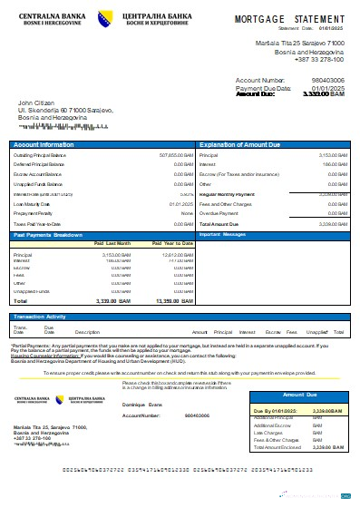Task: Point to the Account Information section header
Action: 44,145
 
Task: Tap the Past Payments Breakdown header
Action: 49,234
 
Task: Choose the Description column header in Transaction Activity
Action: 87,332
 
